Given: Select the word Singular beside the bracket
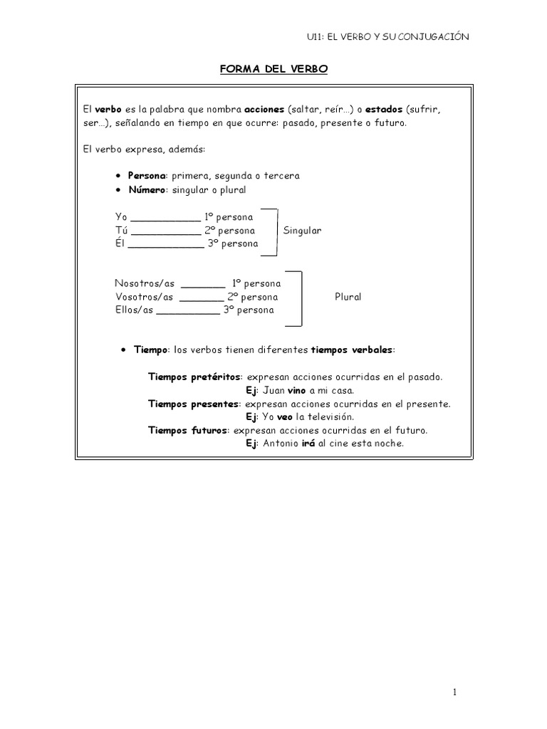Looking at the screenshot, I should pos(302,231).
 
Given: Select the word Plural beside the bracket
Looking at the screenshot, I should pos(348,296).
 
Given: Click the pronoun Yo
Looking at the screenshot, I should pos(121,217).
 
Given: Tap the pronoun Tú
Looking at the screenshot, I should pos(121,231).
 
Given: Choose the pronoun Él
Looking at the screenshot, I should pos(119,244).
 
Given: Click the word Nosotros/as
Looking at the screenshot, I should pos(145,283).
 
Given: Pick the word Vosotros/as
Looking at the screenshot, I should pos(145,296).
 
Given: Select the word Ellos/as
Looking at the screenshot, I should pos(134,310).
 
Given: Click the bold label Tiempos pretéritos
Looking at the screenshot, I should pos(194,377).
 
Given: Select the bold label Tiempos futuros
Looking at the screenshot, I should pos(187,430).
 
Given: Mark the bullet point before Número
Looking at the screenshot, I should pos(118,191).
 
